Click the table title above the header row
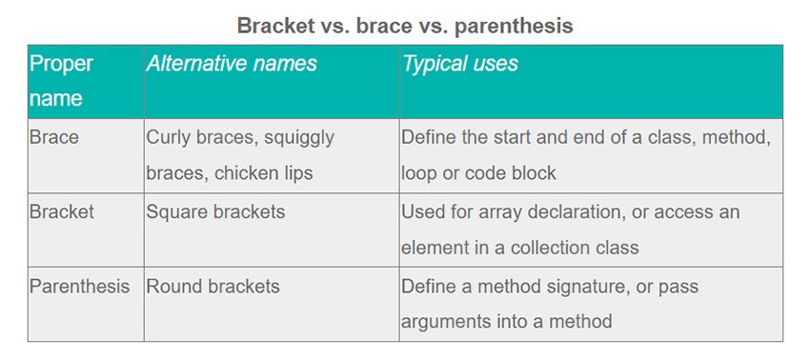point(405,26)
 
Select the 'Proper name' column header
point(61,81)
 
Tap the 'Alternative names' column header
point(232,64)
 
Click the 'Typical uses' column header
point(459,64)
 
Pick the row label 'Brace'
point(54,137)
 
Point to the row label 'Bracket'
point(62,211)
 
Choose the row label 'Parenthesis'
point(79,286)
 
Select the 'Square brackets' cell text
point(215,212)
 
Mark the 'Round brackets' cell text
point(213,286)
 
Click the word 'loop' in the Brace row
point(418,173)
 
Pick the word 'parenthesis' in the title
point(514,27)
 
